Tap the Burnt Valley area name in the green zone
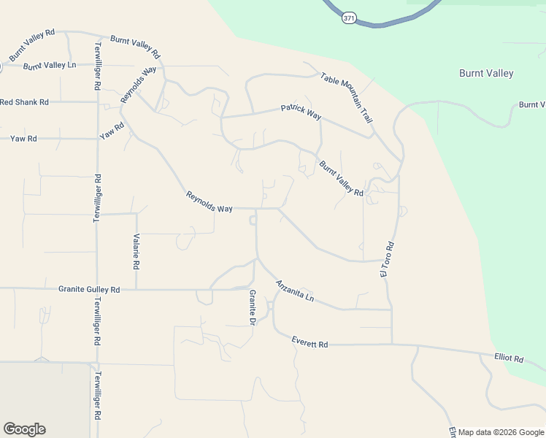pos(485,73)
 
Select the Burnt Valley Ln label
pos(50,66)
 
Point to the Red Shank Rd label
pos(24,102)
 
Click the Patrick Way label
pos(301,111)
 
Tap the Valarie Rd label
pos(136,251)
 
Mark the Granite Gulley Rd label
pos(89,290)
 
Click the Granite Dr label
pos(253,307)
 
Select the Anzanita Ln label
pos(294,291)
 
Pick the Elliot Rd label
pos(509,358)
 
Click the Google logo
pos(24,429)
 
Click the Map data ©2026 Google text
pos(501,432)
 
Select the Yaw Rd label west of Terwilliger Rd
pos(23,138)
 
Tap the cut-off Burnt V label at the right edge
pos(532,105)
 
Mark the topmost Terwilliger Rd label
pos(96,66)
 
